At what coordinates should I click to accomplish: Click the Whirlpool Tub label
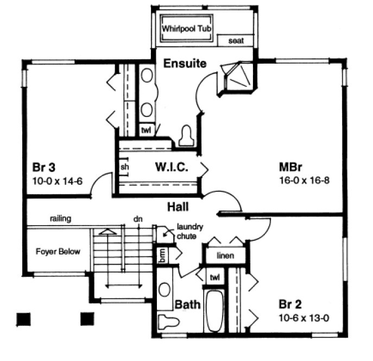tap(186, 27)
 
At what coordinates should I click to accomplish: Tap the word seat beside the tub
tap(236, 41)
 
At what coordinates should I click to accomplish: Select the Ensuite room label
tap(185, 64)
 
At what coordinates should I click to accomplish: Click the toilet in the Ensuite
tap(186, 136)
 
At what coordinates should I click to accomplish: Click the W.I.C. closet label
tap(172, 168)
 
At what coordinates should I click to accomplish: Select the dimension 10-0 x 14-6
tap(56, 181)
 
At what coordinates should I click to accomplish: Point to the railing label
tap(60, 219)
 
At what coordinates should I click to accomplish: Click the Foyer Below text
tap(58, 251)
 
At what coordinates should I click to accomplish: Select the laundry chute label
tap(187, 232)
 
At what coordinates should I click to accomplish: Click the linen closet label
tap(225, 256)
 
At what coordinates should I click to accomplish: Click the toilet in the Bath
tap(168, 321)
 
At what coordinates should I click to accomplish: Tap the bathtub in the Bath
tap(216, 311)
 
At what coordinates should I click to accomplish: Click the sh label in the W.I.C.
tap(124, 167)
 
